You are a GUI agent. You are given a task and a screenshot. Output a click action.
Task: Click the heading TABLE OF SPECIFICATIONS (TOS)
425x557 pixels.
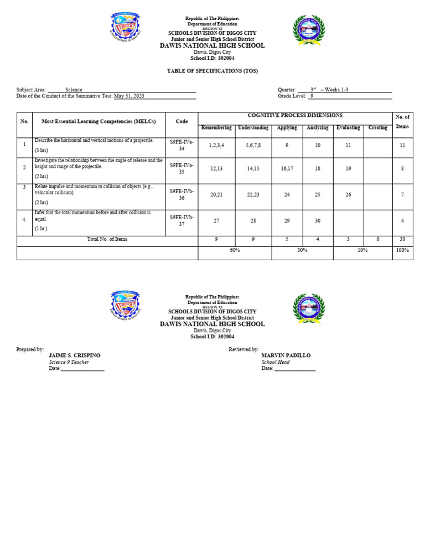[x=212, y=71]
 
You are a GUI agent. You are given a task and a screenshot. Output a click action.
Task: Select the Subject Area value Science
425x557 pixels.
[x=74, y=90]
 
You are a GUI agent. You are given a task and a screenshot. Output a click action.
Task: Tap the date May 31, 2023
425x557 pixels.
[x=129, y=96]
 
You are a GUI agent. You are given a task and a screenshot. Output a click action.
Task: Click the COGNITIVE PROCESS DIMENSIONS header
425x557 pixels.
[x=295, y=116]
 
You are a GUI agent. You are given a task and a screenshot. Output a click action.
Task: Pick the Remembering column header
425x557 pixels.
[x=216, y=128]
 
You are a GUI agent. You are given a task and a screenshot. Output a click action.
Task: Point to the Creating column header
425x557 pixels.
[x=378, y=128]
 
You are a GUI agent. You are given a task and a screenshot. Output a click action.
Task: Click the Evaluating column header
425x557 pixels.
[x=348, y=128]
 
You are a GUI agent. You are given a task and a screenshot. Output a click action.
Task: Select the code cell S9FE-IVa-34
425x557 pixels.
[x=182, y=145]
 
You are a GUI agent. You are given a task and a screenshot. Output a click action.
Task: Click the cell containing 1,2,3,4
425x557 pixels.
[x=216, y=145]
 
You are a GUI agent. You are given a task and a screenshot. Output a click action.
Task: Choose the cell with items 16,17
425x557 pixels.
[x=287, y=168]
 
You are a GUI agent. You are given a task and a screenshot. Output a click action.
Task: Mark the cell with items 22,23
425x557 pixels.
[x=253, y=194]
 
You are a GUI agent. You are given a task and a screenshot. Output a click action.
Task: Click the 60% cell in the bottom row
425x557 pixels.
[x=235, y=250]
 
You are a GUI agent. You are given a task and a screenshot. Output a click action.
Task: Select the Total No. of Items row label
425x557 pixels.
[x=107, y=239]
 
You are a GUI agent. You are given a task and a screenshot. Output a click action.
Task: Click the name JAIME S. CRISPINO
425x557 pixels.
[x=75, y=355]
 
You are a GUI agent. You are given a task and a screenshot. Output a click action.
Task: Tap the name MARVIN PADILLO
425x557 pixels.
[x=286, y=355]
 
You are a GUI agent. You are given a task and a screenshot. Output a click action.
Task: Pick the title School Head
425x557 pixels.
[x=276, y=362]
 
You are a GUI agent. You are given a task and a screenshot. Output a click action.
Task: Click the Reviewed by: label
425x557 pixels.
[x=243, y=349]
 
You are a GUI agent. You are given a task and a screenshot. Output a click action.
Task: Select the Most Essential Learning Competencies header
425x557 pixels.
[x=99, y=121]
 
